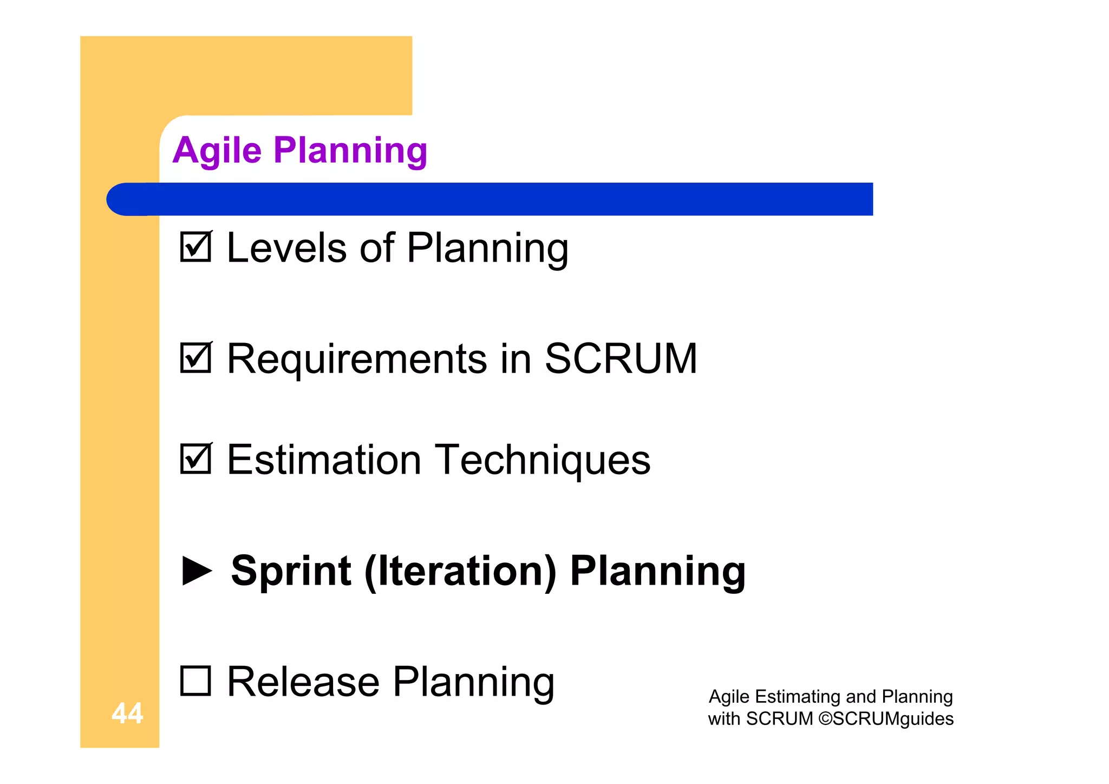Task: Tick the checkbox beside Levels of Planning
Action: click(195, 247)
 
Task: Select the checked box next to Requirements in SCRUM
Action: click(195, 358)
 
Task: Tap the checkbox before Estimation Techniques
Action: click(195, 459)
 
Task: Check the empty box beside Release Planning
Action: click(195, 681)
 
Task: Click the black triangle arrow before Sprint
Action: click(197, 571)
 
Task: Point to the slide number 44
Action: click(127, 713)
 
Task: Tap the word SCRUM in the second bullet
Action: click(621, 359)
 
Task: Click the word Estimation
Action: click(324, 459)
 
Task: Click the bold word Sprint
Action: click(291, 571)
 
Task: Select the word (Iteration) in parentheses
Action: click(460, 571)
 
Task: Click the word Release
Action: click(303, 682)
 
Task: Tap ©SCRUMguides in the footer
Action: click(886, 718)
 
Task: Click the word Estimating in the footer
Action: click(798, 696)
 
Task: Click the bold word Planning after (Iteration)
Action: click(658, 571)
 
